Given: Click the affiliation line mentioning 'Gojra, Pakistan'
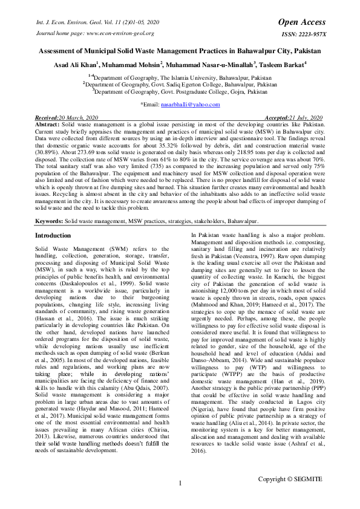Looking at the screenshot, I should (x=180, y=92).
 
